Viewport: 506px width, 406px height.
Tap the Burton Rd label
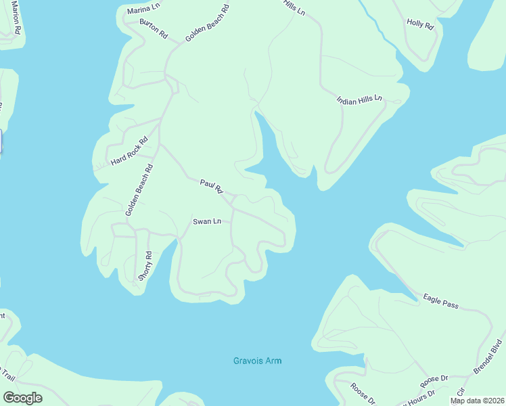(153, 29)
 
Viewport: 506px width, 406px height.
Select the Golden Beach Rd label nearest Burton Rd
(207, 23)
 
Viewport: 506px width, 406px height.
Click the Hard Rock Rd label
(129, 152)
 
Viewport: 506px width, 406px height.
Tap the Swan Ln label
(207, 221)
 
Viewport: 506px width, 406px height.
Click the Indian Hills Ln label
(359, 99)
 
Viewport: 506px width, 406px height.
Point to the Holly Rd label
(419, 24)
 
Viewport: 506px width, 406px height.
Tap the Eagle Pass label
(440, 301)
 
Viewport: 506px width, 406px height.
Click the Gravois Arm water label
(256, 361)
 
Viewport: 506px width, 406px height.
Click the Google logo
(22, 397)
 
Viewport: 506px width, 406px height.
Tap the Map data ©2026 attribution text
(477, 401)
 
